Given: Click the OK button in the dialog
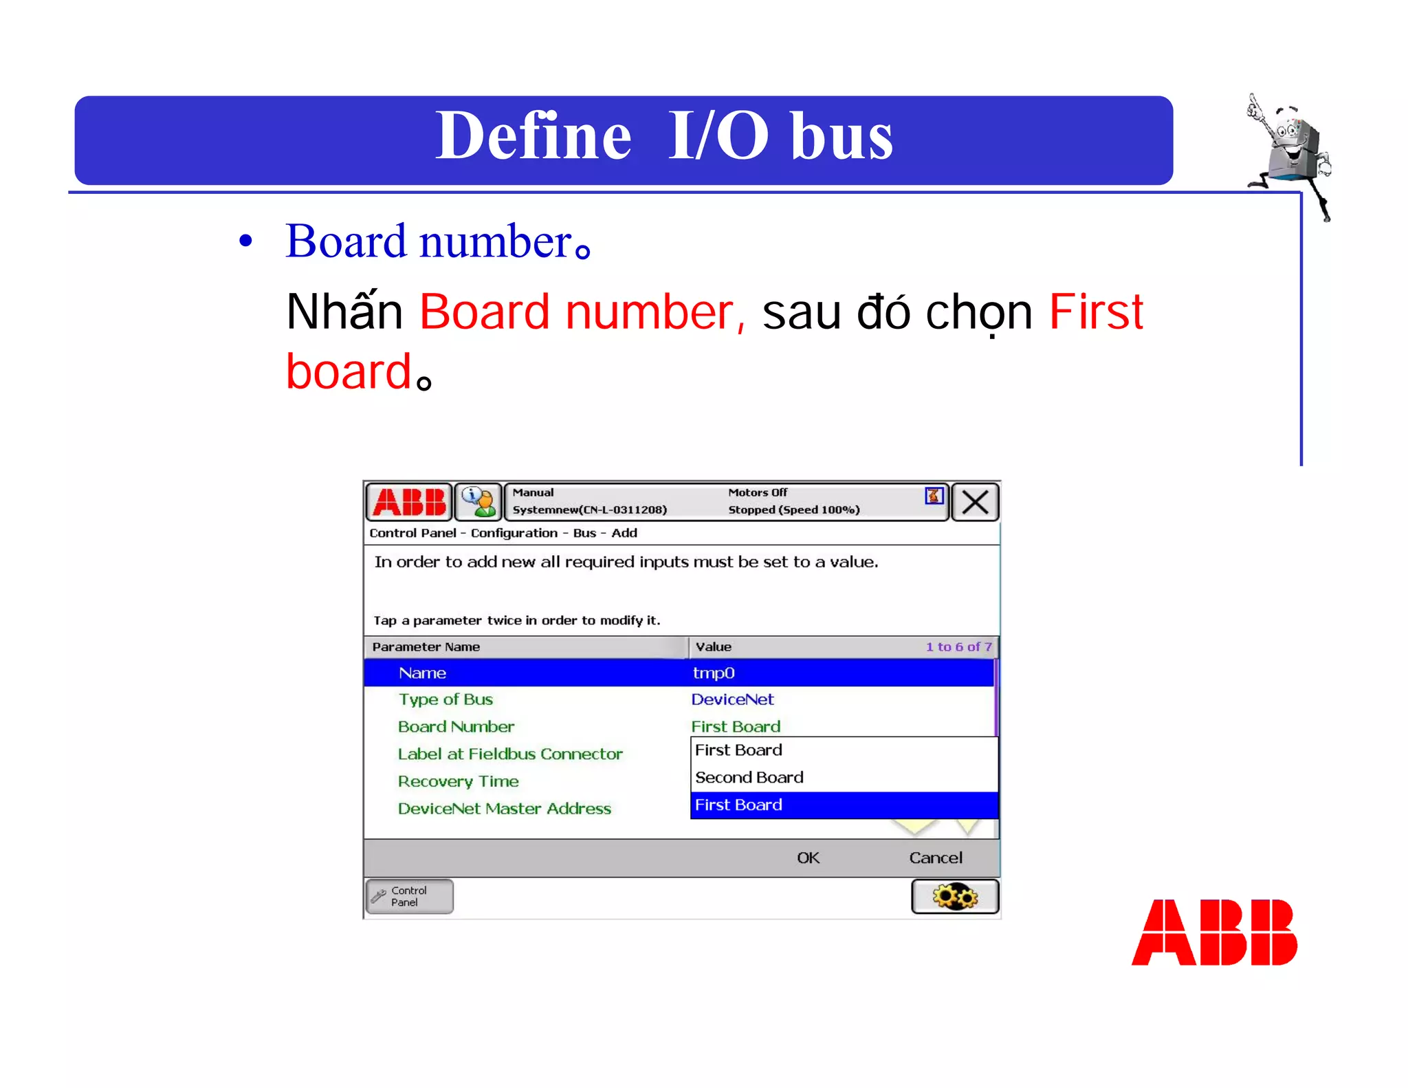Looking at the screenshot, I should (x=808, y=858).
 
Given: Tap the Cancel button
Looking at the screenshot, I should (x=935, y=858).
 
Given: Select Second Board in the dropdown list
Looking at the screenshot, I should (x=749, y=777).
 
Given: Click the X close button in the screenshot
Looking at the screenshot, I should (x=975, y=502).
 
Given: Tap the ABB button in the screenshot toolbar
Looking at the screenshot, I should (x=410, y=502).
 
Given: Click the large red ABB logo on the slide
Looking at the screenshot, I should (x=1214, y=933).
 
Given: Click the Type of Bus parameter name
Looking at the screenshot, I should (x=445, y=699).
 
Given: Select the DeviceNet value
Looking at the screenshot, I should (x=732, y=699).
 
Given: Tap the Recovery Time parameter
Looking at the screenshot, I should (x=458, y=781).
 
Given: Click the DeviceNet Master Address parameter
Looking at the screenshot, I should (x=504, y=809).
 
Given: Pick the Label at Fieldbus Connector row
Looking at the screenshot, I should (x=509, y=754).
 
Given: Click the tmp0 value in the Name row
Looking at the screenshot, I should (x=714, y=673).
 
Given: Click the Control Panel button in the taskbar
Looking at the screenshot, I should (x=409, y=896).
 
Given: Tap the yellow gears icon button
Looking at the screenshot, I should (x=955, y=897).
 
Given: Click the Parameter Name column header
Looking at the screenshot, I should (x=426, y=646).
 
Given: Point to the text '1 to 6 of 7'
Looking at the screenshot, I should (x=958, y=646).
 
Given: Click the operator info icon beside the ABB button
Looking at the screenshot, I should (x=478, y=502).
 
